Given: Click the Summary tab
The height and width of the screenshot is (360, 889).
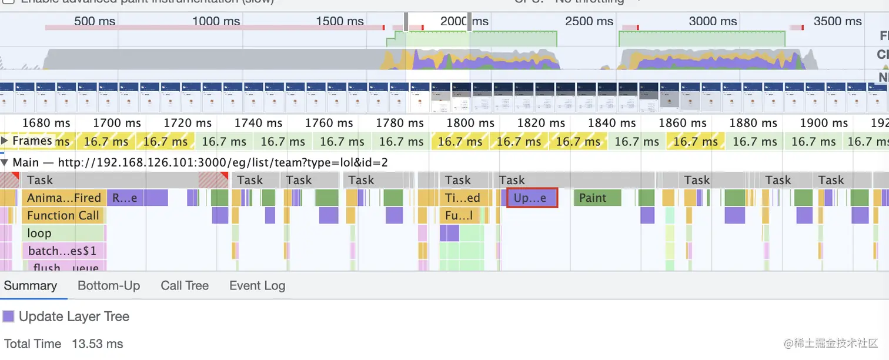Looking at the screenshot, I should click(x=30, y=286).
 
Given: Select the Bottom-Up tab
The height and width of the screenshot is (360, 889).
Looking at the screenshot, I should click(x=109, y=286).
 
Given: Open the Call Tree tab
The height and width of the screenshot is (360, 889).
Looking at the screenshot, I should click(x=185, y=286).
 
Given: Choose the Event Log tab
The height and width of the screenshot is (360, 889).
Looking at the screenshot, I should click(x=257, y=286).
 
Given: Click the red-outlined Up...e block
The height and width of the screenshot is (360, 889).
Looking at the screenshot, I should click(x=532, y=198).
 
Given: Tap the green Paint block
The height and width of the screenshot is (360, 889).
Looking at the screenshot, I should click(x=597, y=198).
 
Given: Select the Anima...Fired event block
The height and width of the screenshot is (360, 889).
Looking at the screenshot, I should click(x=63, y=198).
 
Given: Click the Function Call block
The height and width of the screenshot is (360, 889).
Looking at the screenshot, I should click(x=63, y=216).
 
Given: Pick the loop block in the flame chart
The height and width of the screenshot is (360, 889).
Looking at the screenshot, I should click(x=63, y=234).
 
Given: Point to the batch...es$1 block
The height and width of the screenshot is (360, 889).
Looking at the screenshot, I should click(x=63, y=251).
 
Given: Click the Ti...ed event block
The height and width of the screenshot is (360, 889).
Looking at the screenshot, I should click(x=464, y=198).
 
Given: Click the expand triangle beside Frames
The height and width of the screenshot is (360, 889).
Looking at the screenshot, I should click(x=5, y=141).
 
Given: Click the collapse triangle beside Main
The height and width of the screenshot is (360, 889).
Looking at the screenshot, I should click(x=5, y=163).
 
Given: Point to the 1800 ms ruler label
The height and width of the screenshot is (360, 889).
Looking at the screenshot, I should click(x=470, y=123).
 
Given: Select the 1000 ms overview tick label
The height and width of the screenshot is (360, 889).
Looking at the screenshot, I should click(x=216, y=21).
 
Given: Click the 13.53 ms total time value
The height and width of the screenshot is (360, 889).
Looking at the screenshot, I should click(x=97, y=344).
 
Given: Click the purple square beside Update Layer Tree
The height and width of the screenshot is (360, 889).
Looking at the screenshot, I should click(x=8, y=316).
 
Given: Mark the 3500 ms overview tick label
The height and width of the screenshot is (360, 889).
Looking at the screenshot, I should click(x=837, y=21).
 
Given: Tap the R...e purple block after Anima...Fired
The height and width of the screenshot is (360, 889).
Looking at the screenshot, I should click(x=125, y=198).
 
